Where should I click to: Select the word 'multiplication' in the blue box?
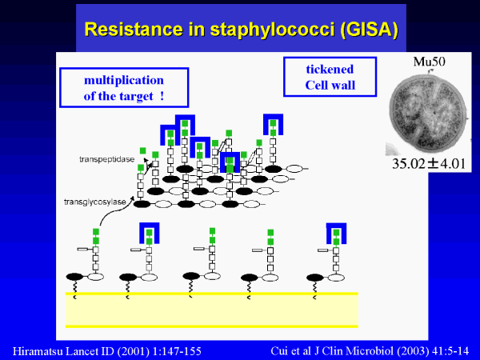124,81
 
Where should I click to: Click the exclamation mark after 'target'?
162,96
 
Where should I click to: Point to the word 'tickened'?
330,69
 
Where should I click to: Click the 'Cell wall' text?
330,85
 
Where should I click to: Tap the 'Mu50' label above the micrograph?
429,62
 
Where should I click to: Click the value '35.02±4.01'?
429,163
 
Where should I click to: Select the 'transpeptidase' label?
107,159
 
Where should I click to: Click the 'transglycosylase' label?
95,202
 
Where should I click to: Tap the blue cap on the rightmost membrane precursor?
336,226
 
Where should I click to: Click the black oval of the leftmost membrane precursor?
74,277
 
